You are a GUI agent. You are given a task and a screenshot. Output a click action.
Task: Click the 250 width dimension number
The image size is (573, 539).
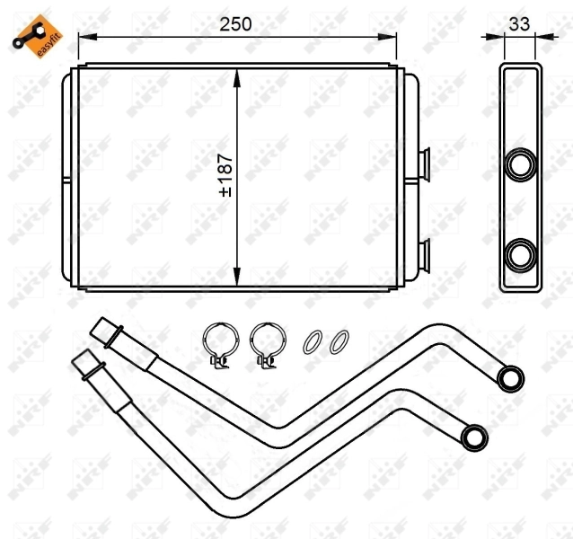click(x=236, y=24)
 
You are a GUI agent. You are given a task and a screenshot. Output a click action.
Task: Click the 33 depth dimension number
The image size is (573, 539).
click(x=519, y=24)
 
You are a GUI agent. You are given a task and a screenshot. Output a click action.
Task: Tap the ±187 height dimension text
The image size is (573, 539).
click(x=225, y=175)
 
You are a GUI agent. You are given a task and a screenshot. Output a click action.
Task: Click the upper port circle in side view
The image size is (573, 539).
click(x=521, y=164)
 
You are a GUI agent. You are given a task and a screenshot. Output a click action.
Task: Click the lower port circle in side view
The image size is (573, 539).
click(x=521, y=253)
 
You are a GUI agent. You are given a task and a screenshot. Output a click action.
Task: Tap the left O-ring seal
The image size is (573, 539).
click(x=311, y=341)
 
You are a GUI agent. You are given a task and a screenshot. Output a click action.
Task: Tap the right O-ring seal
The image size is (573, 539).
click(x=339, y=341)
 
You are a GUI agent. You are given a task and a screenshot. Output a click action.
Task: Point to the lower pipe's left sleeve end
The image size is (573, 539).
click(x=87, y=365)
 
